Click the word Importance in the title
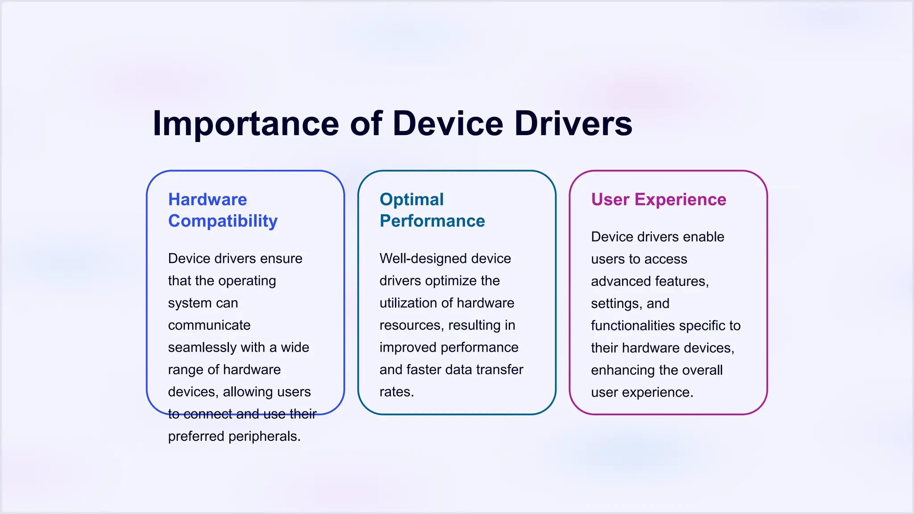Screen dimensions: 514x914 [x=246, y=124]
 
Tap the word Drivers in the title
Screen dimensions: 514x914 [x=573, y=124]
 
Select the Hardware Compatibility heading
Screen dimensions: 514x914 [x=223, y=210]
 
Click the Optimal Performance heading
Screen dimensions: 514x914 [x=432, y=210]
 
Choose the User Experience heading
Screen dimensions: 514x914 [x=659, y=199]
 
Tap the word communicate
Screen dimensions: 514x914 [x=209, y=325]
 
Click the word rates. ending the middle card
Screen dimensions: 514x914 [x=397, y=392]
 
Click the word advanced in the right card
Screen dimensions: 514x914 [x=618, y=281]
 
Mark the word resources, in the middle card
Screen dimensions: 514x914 [x=411, y=325]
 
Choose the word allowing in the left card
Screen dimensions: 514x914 [x=242, y=392]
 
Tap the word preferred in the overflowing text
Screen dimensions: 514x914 [x=196, y=436]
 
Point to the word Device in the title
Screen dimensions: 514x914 [x=448, y=124]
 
